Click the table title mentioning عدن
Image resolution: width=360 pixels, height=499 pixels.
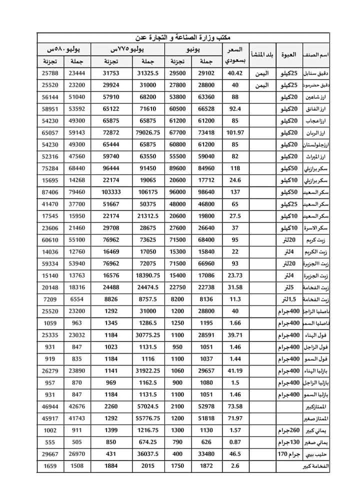click(x=182, y=37)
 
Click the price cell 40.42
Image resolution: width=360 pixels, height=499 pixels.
click(x=234, y=73)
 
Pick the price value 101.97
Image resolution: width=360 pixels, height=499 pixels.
click(x=234, y=133)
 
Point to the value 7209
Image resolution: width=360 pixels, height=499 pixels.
click(x=50, y=299)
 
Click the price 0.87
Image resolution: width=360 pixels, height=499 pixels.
click(x=234, y=442)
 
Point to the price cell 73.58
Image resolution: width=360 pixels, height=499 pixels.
click(x=234, y=406)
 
